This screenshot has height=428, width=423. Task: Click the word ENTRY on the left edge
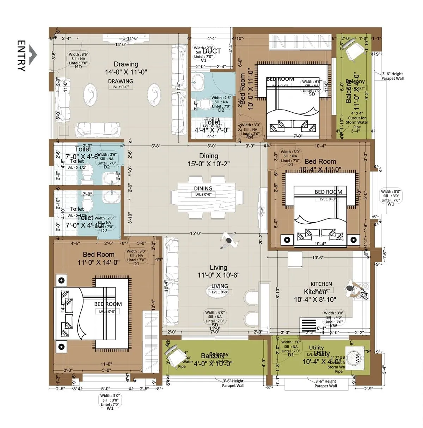pos(22,56)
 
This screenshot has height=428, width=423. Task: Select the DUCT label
pos(211,51)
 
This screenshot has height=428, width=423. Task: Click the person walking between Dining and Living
pos(228,241)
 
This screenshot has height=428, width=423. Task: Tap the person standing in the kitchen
pos(351,289)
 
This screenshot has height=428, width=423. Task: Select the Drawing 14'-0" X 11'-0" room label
pos(126,68)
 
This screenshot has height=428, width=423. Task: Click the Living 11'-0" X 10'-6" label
pos(218,271)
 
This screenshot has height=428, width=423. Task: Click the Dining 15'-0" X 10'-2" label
pos(208,160)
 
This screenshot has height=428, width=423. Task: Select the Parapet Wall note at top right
pos(392,76)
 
